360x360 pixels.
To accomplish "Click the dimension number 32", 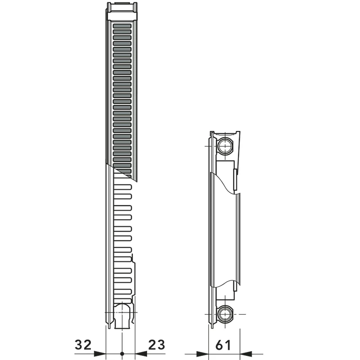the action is [x=83, y=345].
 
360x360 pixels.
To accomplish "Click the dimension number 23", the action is [x=157, y=345].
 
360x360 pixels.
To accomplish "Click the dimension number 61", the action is [x=223, y=345].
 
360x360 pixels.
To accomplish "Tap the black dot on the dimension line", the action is [x=122, y=354].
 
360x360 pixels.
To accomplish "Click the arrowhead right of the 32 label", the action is [x=100, y=354].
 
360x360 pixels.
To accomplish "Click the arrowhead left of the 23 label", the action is [x=141, y=354].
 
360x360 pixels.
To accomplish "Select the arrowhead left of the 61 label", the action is [x=202, y=354].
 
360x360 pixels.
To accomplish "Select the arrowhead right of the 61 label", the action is [x=246, y=354].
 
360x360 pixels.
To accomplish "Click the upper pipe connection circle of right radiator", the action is [x=225, y=146].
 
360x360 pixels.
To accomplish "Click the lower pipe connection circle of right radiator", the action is [x=225, y=314].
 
